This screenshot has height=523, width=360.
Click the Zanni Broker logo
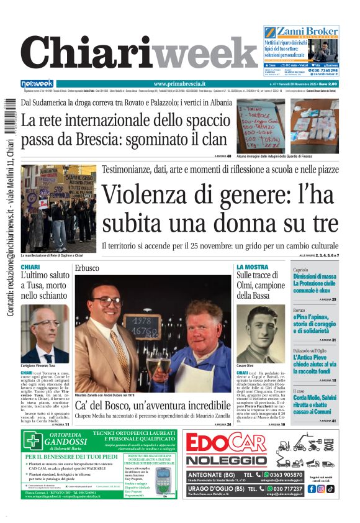(302, 32)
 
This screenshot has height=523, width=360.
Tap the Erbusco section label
(86, 268)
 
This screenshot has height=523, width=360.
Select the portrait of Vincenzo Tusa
(45, 334)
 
